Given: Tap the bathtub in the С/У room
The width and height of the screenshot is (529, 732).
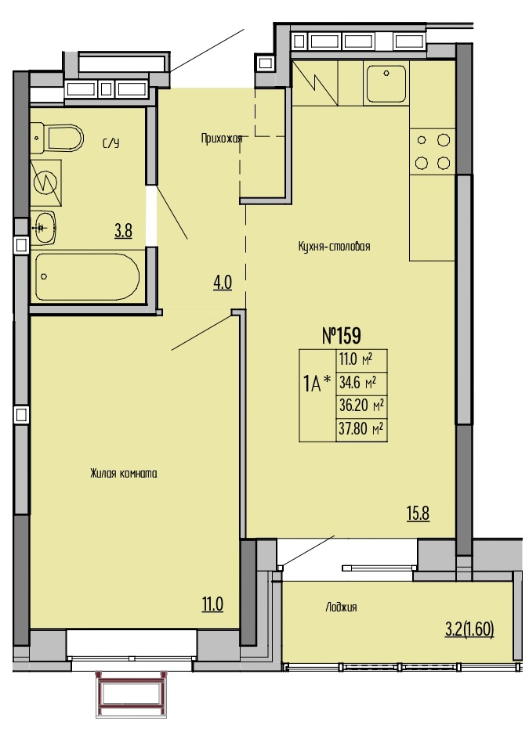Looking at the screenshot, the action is point(88,277).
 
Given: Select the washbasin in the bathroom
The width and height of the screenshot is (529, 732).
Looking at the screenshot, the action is point(45,227).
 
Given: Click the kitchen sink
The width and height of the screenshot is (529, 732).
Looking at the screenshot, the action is point(386,84).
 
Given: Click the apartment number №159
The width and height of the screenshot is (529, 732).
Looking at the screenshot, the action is point(342,335).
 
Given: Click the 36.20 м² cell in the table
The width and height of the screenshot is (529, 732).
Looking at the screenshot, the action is point(361,406).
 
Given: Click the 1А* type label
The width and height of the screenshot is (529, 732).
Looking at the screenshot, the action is point(317,384).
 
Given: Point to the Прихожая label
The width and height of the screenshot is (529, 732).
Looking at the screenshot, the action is point(222,139).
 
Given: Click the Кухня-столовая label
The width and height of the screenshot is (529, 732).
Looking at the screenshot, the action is point(334,246).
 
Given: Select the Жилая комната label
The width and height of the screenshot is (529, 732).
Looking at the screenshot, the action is point(123,474).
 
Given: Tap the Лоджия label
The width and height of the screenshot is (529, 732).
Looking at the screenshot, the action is point(341,607).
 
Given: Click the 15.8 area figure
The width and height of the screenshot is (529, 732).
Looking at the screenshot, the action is point(418,514).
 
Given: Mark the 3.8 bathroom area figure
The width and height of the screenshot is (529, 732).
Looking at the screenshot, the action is point(123,231).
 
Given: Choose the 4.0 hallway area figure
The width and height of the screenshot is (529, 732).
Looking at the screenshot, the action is point(223,283).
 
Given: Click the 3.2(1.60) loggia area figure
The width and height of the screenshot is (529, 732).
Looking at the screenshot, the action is point(469,629).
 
